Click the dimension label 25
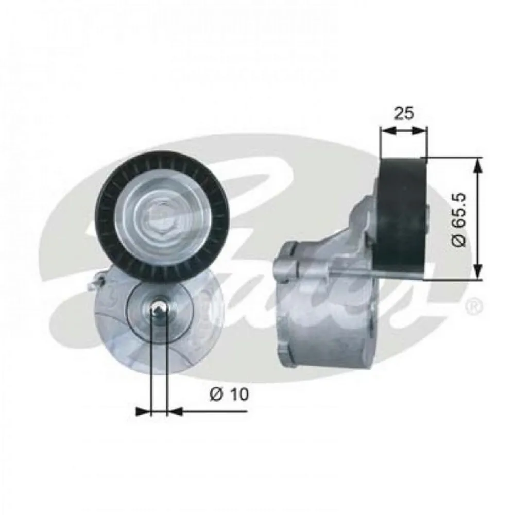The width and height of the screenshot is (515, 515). click(404, 113)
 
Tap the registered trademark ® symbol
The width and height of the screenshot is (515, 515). click(474, 307)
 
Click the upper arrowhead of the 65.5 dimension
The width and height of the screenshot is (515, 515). click(478, 164)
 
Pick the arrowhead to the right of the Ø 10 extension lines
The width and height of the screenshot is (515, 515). click(175, 411)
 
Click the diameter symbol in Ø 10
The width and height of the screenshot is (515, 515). click(216, 394)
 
